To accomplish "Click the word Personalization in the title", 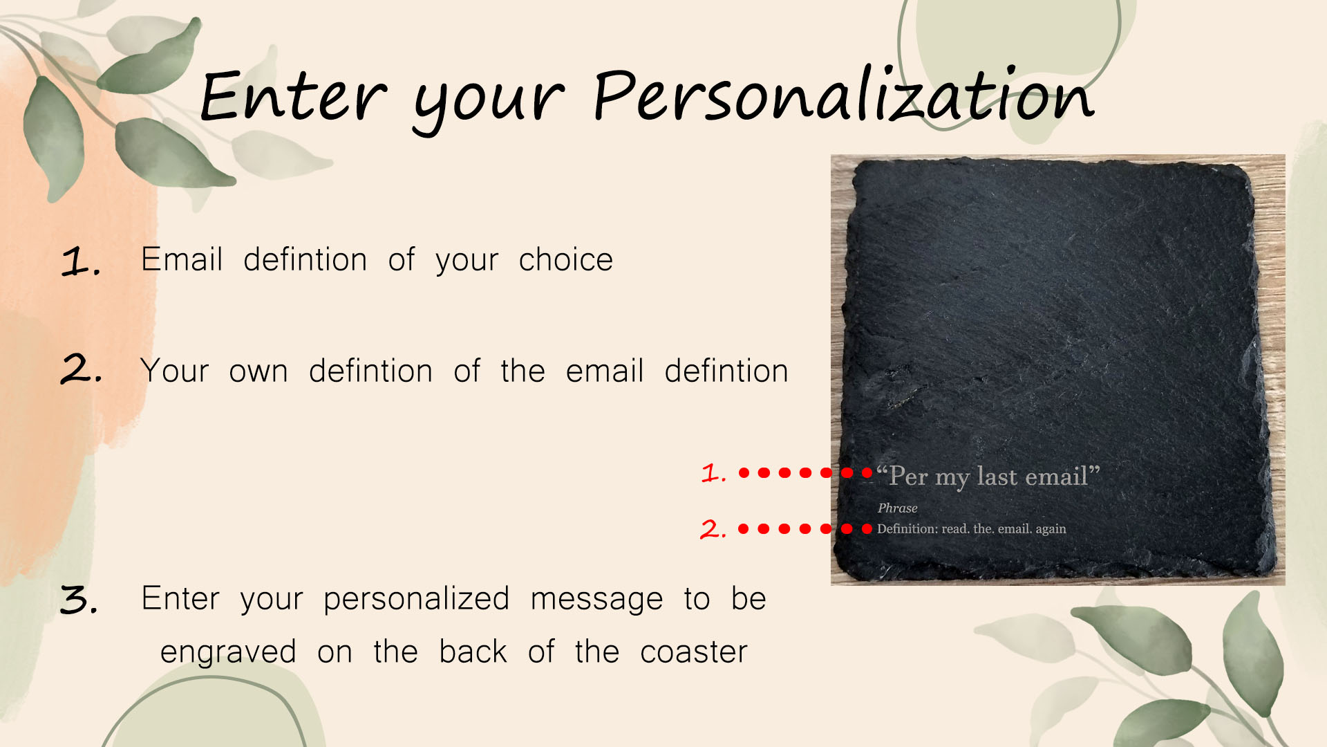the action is click(x=844, y=95).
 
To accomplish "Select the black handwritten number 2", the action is click(x=81, y=369).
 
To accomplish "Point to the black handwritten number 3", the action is click(x=79, y=600).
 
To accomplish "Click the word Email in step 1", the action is click(x=182, y=259).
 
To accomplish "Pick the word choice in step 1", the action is click(x=565, y=259).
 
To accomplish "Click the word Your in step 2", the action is click(x=174, y=371).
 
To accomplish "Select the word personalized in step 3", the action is click(x=416, y=599).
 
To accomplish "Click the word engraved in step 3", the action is click(x=228, y=652).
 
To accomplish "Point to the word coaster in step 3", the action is click(x=694, y=652).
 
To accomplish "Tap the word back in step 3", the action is click(x=473, y=652).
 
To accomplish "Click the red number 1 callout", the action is click(x=713, y=473).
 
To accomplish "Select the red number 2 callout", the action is click(x=713, y=529).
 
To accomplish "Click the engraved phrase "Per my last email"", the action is click(x=988, y=477).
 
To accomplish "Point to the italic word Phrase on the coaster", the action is click(x=897, y=508).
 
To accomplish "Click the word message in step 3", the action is click(x=596, y=600).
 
